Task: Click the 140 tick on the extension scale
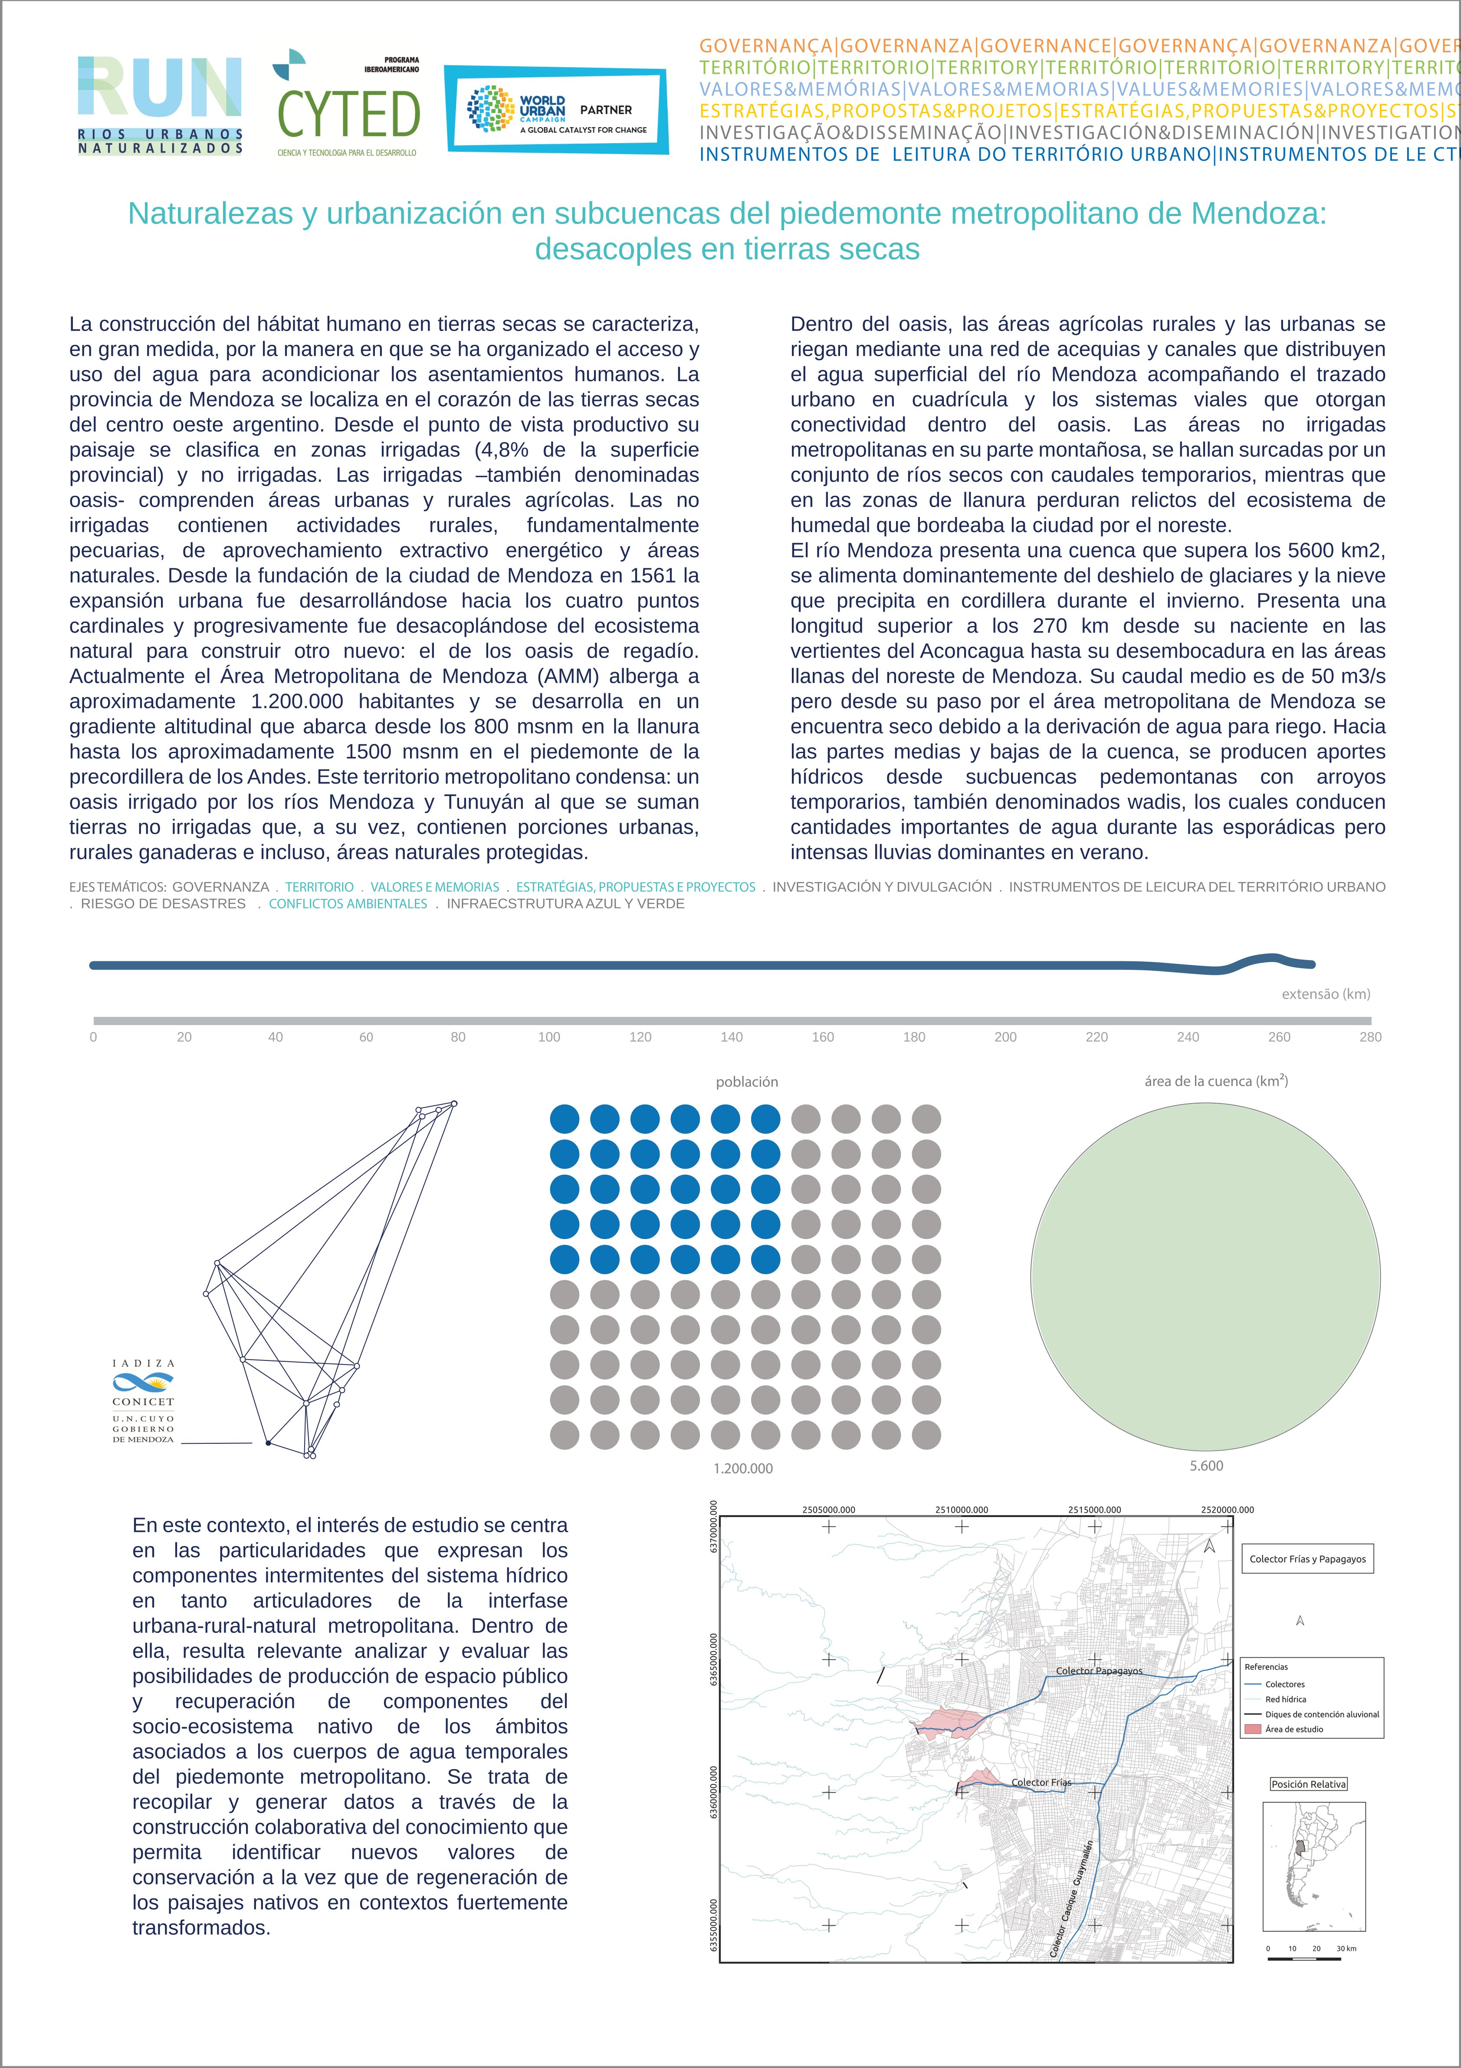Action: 732,1037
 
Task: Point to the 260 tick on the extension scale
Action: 1279,1037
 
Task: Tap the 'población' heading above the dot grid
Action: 747,1082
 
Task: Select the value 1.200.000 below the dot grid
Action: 743,1468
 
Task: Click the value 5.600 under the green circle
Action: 1206,1465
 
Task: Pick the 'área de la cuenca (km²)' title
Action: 1216,1081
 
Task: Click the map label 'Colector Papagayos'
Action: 1099,1671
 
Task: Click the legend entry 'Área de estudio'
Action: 1294,1729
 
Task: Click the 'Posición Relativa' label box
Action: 1309,1784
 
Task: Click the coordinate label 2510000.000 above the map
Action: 961,1510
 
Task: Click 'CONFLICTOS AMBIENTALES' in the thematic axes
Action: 348,903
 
